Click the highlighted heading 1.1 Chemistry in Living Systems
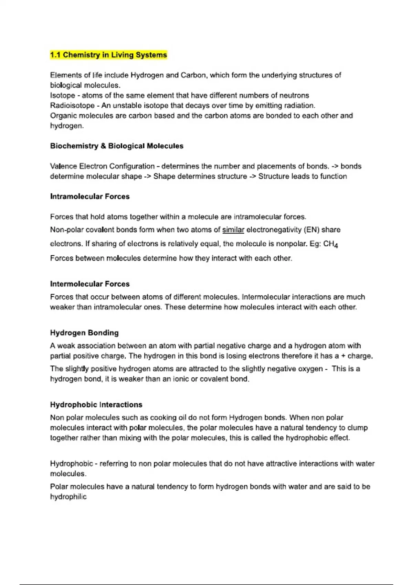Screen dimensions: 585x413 [108, 55]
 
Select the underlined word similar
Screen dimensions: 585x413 [233, 230]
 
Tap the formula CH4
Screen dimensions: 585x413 [331, 244]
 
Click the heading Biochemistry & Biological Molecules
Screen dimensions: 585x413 [117, 146]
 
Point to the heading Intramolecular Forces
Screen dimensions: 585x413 [90, 196]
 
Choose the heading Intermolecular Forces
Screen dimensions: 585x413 [90, 284]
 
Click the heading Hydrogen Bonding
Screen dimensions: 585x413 [84, 333]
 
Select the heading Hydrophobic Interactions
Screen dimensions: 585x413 [96, 405]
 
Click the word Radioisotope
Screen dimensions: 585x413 [72, 106]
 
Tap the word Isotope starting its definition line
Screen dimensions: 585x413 [62, 95]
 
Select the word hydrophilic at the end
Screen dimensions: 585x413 [68, 497]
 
